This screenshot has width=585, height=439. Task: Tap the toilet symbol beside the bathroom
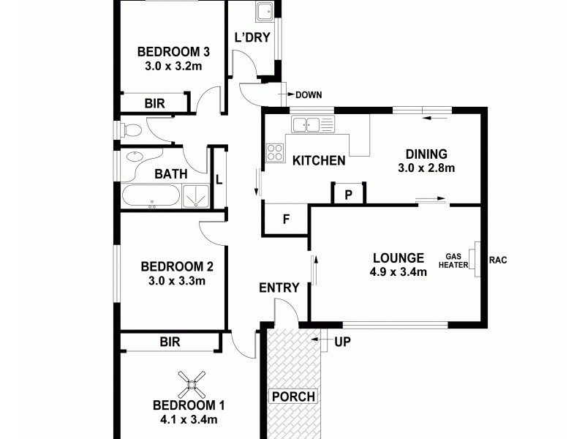[x=129, y=130]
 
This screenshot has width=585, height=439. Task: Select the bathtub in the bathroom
[x=150, y=196]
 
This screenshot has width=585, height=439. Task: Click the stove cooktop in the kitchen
[x=275, y=152]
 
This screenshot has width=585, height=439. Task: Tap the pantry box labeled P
[x=348, y=195]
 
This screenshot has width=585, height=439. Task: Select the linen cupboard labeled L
[x=219, y=178]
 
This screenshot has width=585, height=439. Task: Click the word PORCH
[x=293, y=397]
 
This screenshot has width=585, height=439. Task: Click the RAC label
[x=498, y=260]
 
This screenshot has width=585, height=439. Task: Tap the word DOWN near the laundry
[x=309, y=94]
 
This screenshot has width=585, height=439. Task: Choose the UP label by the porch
[x=341, y=342]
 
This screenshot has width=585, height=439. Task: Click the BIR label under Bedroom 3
[x=154, y=104]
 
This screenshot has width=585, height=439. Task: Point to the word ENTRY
[x=279, y=288]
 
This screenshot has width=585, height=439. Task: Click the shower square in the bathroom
[x=195, y=196]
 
